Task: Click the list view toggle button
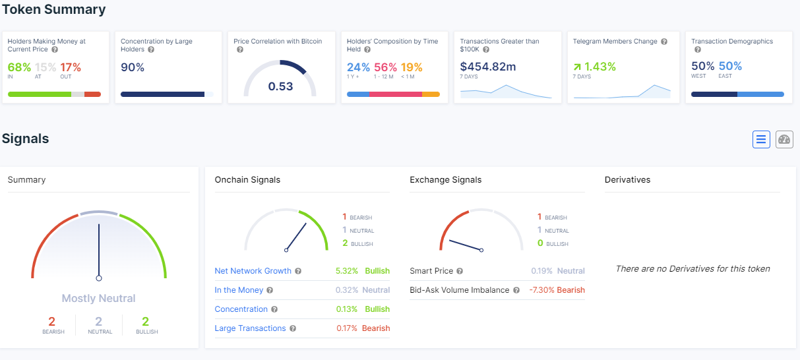761,139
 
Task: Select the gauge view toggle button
784,139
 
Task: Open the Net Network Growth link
253,271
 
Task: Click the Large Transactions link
250,328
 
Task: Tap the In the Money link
239,290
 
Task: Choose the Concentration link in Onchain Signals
241,309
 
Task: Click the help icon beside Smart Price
460,271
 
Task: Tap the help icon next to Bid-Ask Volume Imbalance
516,290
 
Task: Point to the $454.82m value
488,67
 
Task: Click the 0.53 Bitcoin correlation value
280,86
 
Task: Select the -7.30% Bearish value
557,290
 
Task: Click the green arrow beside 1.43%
577,67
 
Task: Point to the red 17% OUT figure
71,67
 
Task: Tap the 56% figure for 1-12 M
385,67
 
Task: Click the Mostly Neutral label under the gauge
98,298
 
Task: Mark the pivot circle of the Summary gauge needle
99,278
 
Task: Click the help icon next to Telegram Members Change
664,42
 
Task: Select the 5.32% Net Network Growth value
346,271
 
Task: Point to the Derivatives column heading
627,179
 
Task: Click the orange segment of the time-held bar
431,94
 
